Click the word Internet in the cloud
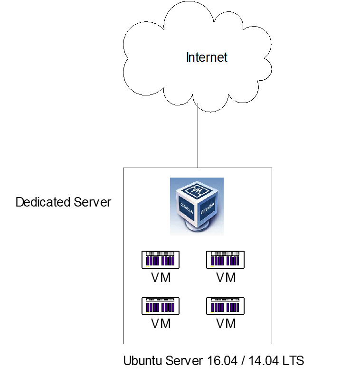(x=207, y=58)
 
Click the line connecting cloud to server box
(x=198, y=138)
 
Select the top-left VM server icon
(x=161, y=260)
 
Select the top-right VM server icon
(x=226, y=260)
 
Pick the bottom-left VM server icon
(x=161, y=306)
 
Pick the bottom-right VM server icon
(x=226, y=306)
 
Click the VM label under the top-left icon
(x=161, y=278)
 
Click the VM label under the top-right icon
(x=226, y=278)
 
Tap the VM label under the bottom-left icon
(x=161, y=324)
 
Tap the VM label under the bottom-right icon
(x=226, y=324)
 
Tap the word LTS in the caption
(x=294, y=361)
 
